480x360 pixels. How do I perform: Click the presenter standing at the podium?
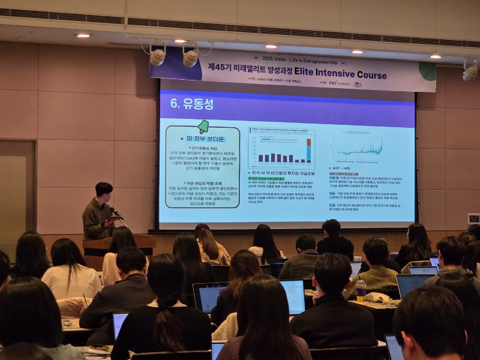[100, 213]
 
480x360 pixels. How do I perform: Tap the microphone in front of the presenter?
[113, 211]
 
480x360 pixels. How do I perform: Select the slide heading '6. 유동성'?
[192, 103]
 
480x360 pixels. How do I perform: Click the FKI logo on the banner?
[333, 84]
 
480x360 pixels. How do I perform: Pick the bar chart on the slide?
[282, 149]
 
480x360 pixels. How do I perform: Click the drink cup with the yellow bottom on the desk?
[361, 290]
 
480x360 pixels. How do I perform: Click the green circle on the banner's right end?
[428, 71]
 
